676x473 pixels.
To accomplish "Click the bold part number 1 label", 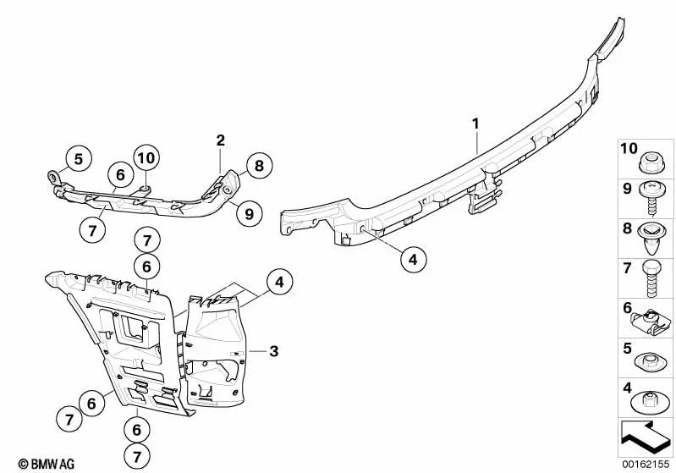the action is point(475,124).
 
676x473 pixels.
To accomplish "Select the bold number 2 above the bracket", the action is point(220,140).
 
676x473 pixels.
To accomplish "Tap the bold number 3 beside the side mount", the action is point(274,351).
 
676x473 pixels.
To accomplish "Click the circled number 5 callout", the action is point(78,159).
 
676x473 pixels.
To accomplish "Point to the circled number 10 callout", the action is point(146,158).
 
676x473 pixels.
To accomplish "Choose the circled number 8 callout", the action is point(259,165).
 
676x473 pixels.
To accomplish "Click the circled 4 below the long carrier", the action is point(413,260).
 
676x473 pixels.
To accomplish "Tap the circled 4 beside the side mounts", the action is point(280,282).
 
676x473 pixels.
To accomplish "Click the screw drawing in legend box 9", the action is point(650,198).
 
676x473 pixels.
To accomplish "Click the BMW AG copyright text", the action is point(47,464).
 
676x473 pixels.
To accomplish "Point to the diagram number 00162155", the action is point(646,465).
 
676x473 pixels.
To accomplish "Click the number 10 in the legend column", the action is point(629,149).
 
